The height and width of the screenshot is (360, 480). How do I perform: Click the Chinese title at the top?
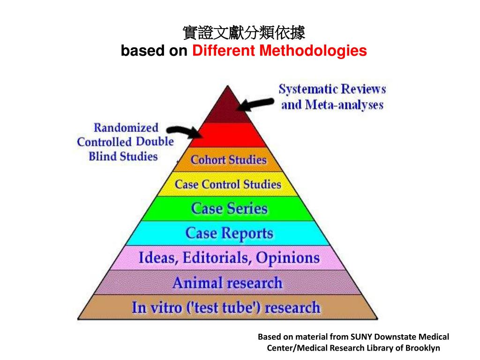click(243, 33)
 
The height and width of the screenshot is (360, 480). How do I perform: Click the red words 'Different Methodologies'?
click(279, 51)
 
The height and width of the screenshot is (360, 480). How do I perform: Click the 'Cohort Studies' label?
click(228, 160)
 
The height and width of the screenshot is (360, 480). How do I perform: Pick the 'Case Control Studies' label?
click(228, 184)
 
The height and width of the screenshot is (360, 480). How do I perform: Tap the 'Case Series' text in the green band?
click(229, 209)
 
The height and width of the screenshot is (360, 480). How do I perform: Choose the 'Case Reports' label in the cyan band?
click(229, 233)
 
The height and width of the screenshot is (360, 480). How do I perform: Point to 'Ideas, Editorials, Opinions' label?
click(229, 258)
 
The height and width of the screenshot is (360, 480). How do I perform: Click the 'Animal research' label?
click(228, 283)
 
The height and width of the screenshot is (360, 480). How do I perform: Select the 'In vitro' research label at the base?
click(226, 307)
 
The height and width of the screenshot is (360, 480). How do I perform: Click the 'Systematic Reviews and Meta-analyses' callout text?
click(332, 97)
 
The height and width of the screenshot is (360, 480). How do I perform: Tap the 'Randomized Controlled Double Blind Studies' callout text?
click(125, 142)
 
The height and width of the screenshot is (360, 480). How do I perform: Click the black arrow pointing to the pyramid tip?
click(256, 104)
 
